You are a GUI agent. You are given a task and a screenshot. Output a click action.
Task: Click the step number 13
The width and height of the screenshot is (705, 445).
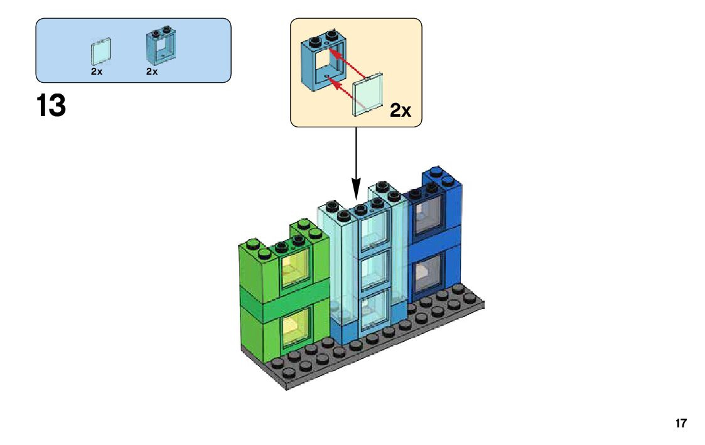click(x=51, y=105)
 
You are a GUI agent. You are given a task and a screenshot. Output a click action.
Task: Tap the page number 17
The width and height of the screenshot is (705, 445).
click(x=681, y=424)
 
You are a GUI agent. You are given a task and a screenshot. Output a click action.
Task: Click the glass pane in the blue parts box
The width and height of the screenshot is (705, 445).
click(x=102, y=51)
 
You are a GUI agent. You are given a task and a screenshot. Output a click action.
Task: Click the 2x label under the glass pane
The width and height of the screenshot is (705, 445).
click(x=96, y=72)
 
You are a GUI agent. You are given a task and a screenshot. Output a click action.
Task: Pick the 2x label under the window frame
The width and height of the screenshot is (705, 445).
click(x=152, y=72)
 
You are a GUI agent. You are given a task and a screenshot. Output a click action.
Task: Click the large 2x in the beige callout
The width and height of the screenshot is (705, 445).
click(x=400, y=111)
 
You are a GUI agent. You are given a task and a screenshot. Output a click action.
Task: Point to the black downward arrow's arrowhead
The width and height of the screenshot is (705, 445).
click(x=356, y=188)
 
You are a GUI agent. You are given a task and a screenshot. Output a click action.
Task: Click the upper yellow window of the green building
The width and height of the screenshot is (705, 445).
click(x=294, y=269)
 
